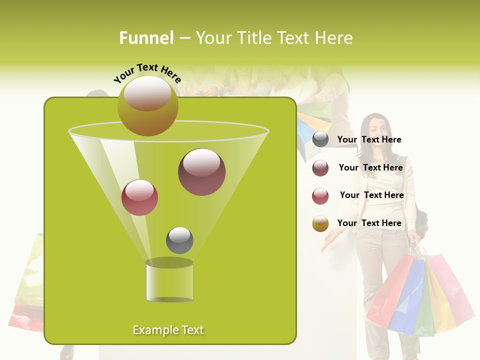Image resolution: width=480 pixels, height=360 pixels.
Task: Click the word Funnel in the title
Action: (x=146, y=38)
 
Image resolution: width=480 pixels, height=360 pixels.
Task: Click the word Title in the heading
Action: (x=256, y=38)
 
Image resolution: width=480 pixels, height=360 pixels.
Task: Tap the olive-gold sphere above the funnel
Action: (x=147, y=105)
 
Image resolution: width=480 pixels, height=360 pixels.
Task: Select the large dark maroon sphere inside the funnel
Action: (x=201, y=172)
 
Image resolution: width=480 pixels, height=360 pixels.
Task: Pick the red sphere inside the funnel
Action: (x=139, y=197)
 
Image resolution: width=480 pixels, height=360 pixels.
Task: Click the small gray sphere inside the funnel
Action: (x=179, y=240)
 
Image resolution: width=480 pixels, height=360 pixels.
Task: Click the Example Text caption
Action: (x=168, y=330)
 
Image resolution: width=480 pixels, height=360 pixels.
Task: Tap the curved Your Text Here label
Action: (x=147, y=73)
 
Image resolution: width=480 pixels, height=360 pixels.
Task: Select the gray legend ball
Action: (x=320, y=139)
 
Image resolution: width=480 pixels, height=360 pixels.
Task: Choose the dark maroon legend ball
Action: (x=320, y=168)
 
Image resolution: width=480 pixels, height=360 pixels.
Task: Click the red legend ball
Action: (x=320, y=196)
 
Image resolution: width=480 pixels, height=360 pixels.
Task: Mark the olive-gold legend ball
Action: (x=320, y=223)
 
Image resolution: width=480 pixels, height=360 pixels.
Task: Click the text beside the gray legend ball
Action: (x=369, y=139)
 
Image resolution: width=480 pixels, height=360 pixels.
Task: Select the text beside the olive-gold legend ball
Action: (x=369, y=223)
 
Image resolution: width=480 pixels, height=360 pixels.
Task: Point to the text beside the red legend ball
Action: (x=371, y=195)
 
